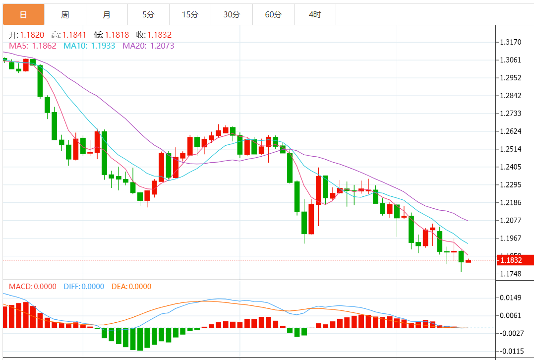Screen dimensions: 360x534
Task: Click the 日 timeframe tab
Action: tap(23, 15)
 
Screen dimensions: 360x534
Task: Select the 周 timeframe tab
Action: tap(65, 15)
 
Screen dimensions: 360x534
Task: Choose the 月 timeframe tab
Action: tap(107, 15)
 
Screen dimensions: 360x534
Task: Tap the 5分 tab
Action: tap(148, 15)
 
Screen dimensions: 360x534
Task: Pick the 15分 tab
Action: tap(190, 15)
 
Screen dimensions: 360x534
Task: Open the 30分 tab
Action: tap(232, 15)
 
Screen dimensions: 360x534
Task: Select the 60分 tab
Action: tap(273, 15)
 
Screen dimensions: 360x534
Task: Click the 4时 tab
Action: tap(315, 15)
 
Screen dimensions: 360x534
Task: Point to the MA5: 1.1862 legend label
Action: tap(32, 46)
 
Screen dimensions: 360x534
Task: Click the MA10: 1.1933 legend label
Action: tap(89, 46)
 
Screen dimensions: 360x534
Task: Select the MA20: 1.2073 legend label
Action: tap(148, 46)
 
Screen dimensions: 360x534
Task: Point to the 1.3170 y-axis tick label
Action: tap(511, 42)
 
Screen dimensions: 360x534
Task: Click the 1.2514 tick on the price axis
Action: tap(511, 149)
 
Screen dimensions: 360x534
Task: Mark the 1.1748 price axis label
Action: tap(511, 274)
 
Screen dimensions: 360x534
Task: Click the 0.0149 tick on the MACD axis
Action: tap(511, 298)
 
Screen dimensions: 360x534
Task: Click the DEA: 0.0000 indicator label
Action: tap(131, 287)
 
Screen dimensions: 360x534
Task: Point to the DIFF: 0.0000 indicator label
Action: tap(84, 287)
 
